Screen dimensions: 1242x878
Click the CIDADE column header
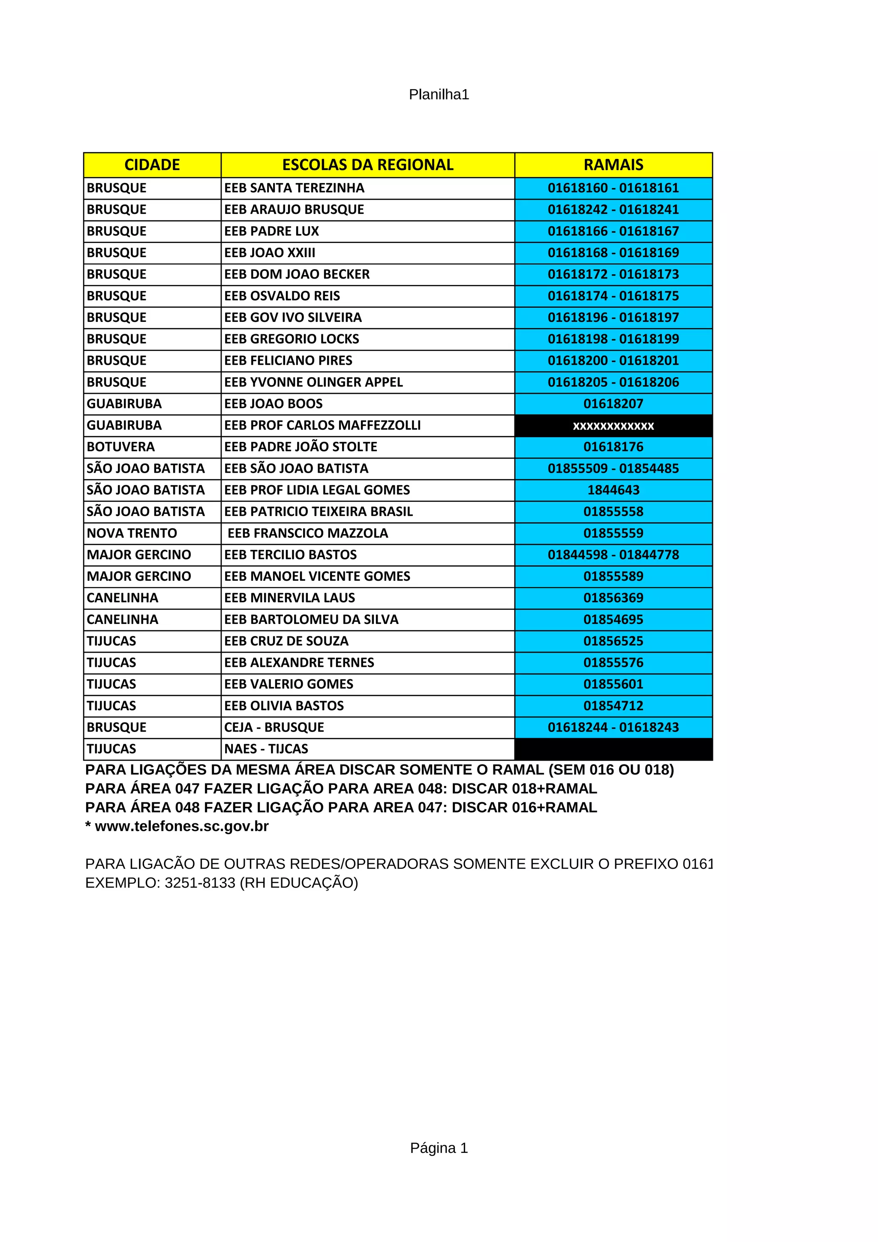[x=152, y=165]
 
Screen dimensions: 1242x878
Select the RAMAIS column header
[x=613, y=165]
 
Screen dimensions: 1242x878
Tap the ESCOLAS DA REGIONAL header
[x=367, y=165]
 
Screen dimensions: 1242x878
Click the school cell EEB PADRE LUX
[x=271, y=231]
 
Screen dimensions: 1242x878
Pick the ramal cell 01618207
[x=613, y=404]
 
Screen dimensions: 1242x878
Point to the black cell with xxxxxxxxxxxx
[x=613, y=426]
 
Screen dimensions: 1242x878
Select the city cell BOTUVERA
[x=120, y=447]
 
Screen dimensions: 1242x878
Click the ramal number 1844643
[x=613, y=490]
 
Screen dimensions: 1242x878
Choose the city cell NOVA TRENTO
[x=132, y=534]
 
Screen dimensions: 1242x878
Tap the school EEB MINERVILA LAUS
[x=289, y=598]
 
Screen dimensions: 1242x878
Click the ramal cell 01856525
[x=613, y=642]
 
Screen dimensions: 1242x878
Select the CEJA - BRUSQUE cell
[x=274, y=728]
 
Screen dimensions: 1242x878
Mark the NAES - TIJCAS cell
[x=266, y=749]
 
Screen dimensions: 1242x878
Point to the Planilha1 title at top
[x=439, y=95]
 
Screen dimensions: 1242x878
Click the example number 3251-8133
[x=200, y=883]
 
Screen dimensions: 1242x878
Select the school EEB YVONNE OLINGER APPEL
[x=313, y=382]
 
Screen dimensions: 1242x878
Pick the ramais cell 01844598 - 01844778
[x=613, y=555]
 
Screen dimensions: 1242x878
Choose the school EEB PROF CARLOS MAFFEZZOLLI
[x=322, y=426]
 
